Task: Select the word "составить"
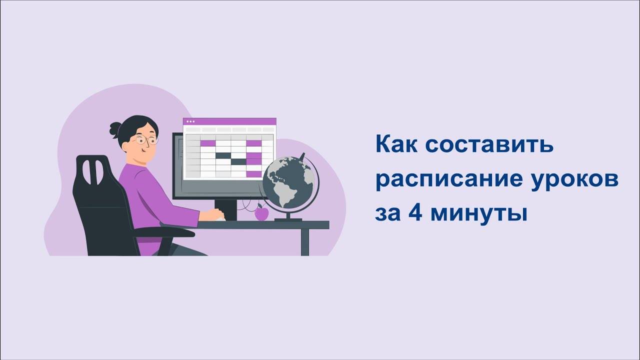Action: tap(489, 145)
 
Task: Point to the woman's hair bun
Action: tap(115, 129)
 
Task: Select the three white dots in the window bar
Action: tap(189, 121)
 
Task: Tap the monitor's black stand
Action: tap(225, 207)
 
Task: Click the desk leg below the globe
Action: tap(305, 242)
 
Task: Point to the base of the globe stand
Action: tap(288, 219)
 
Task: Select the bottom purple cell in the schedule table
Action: tap(254, 174)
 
